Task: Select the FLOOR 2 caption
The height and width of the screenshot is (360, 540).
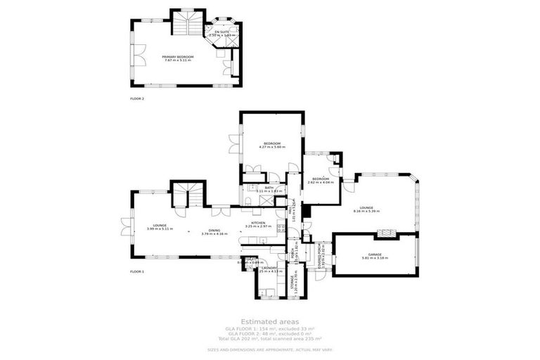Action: click(x=137, y=98)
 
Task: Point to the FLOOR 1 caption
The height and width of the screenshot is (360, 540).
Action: click(x=137, y=271)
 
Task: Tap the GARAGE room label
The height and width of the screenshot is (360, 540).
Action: click(x=374, y=255)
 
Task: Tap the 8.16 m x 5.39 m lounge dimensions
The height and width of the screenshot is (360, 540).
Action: click(x=366, y=211)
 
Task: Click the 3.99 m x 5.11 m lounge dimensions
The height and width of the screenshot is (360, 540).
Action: click(x=160, y=229)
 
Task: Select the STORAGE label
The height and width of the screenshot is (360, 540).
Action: click(x=292, y=283)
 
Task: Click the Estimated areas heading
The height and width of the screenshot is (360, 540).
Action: click(x=270, y=321)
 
